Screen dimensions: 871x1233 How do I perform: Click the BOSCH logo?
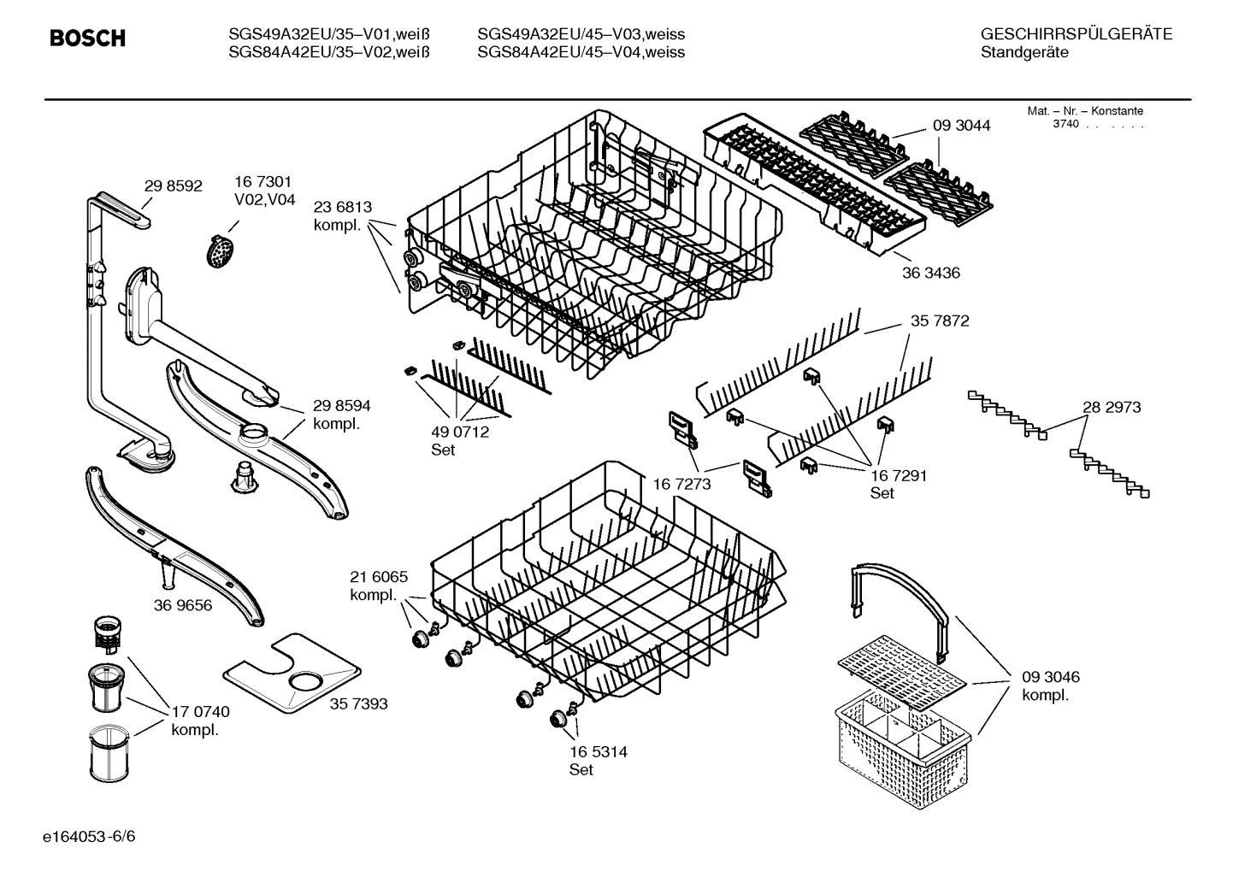[x=87, y=38]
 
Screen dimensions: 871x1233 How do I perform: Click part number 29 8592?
[x=173, y=185]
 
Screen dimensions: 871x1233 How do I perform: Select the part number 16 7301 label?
[x=263, y=182]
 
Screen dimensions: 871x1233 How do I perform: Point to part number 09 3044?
[x=961, y=126]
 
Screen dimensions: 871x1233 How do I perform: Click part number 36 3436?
[x=930, y=274]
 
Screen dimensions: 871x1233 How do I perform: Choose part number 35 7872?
[x=940, y=321]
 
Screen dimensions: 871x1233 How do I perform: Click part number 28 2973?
[x=1112, y=408]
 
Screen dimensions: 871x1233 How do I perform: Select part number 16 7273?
[x=681, y=485]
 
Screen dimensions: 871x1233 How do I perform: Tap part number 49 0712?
[x=460, y=433]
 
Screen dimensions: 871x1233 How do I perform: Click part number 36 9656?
[x=183, y=605]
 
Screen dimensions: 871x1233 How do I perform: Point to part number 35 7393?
[x=358, y=703]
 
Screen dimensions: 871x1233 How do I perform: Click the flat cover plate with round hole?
[x=291, y=674]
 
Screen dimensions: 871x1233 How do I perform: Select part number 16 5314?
[x=598, y=752]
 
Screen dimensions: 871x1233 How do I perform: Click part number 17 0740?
[x=200, y=711]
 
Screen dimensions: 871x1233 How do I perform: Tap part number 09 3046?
[x=1050, y=677]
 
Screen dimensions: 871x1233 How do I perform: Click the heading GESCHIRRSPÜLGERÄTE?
[x=1076, y=35]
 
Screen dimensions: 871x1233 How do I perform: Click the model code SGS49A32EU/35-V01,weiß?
[x=328, y=35]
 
